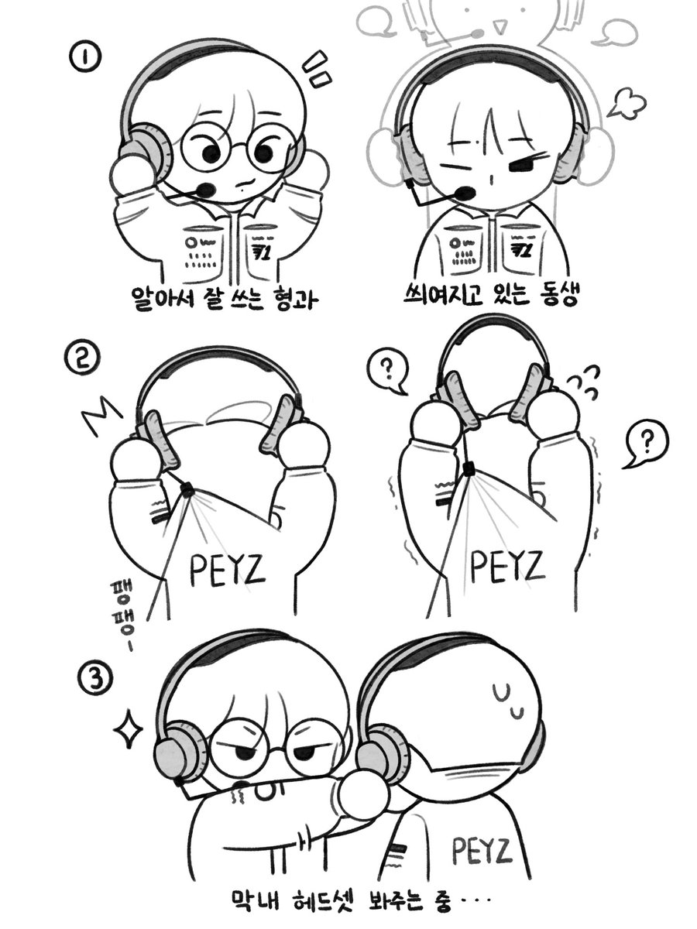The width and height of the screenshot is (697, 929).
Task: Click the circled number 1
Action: tap(86, 57)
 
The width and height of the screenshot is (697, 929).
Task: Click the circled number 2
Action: tap(83, 359)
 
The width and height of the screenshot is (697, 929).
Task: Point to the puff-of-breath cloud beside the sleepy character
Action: tap(627, 102)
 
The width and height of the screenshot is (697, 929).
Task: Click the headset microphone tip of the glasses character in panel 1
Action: tap(206, 190)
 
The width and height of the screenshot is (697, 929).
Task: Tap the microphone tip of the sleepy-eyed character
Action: tap(465, 194)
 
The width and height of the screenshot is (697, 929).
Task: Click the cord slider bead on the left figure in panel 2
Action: tap(187, 490)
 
